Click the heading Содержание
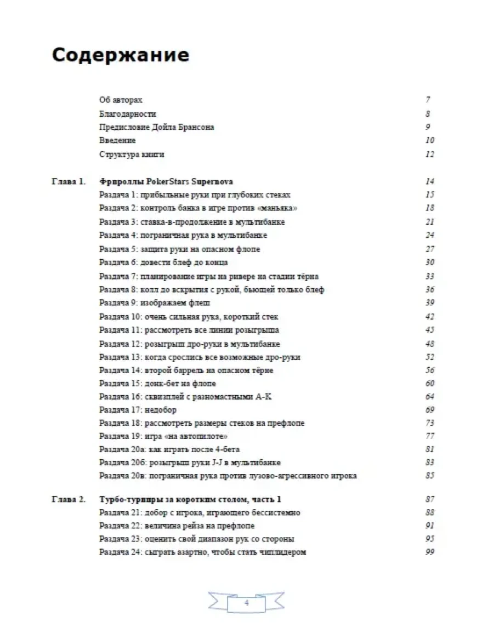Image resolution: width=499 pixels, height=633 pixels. click(120, 56)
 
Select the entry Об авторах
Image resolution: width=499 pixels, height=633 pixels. click(121, 100)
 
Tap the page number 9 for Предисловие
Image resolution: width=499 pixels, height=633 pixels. click(428, 127)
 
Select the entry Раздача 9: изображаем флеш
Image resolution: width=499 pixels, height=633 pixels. click(154, 303)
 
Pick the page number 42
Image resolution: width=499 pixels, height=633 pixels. click(429, 317)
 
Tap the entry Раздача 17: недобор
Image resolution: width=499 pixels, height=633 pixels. click(138, 410)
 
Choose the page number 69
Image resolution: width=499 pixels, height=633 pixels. click(429, 410)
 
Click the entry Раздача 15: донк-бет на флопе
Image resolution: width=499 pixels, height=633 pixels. click(157, 384)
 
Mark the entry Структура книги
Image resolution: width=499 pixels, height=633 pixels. click(132, 155)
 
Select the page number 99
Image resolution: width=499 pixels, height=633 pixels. click(429, 552)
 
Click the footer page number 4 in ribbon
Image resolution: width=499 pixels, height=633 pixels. click(246, 602)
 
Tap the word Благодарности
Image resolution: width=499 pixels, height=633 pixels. click(128, 114)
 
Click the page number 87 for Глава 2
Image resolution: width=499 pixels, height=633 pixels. click(429, 499)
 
